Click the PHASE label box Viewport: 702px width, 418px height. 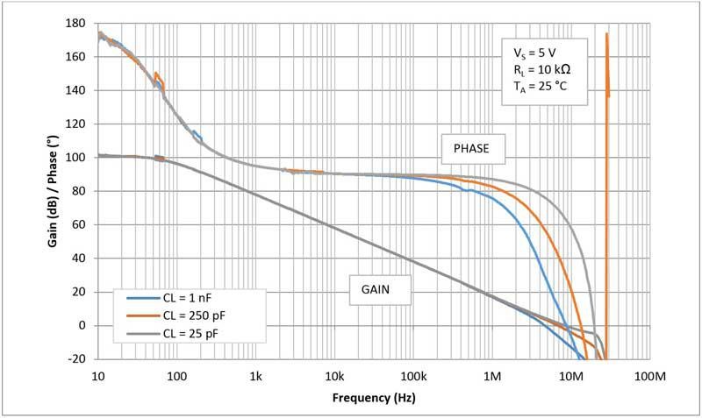[x=474, y=149]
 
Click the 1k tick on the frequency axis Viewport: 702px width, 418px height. [x=255, y=376]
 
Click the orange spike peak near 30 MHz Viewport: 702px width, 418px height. [x=606, y=34]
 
